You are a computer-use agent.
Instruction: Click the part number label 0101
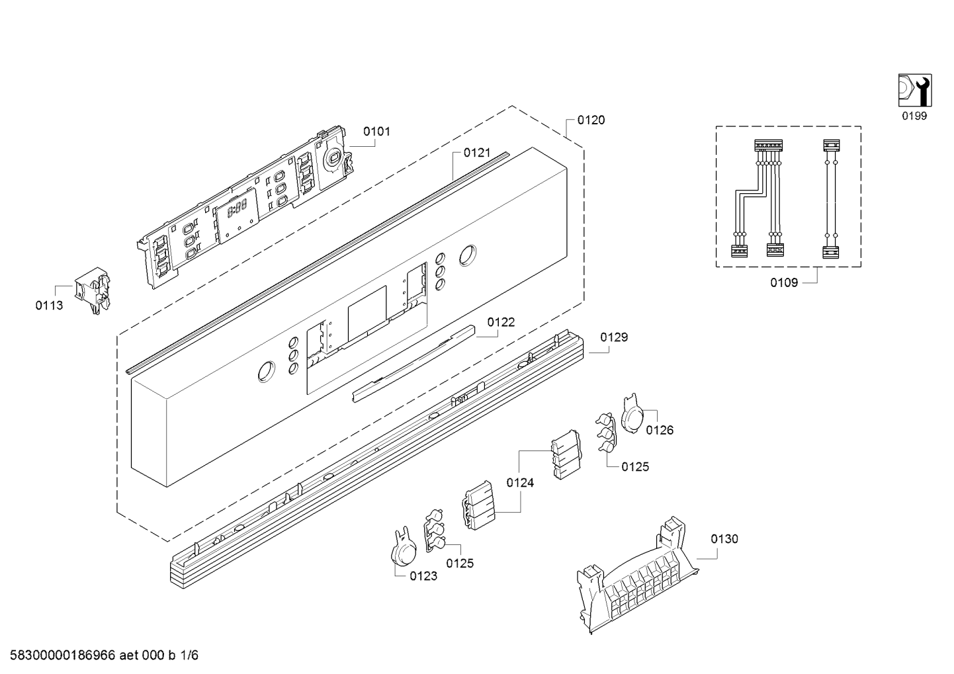tap(376, 132)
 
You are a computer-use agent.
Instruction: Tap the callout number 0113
tap(49, 306)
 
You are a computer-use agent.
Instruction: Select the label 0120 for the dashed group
tap(591, 120)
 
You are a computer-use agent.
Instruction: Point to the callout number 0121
tap(477, 153)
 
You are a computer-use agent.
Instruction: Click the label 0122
tap(501, 322)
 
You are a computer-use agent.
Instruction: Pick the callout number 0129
tap(614, 337)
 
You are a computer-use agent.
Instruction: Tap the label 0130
tap(724, 539)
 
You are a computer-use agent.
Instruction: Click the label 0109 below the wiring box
tap(784, 282)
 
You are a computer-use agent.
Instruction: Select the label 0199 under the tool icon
tap(914, 116)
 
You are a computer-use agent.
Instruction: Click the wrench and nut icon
tap(915, 90)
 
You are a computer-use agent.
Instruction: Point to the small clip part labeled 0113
tap(93, 290)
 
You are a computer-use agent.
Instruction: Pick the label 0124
tap(520, 483)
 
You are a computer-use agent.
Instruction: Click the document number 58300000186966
tap(63, 655)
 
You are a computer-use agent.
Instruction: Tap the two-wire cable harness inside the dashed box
tap(830, 199)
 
